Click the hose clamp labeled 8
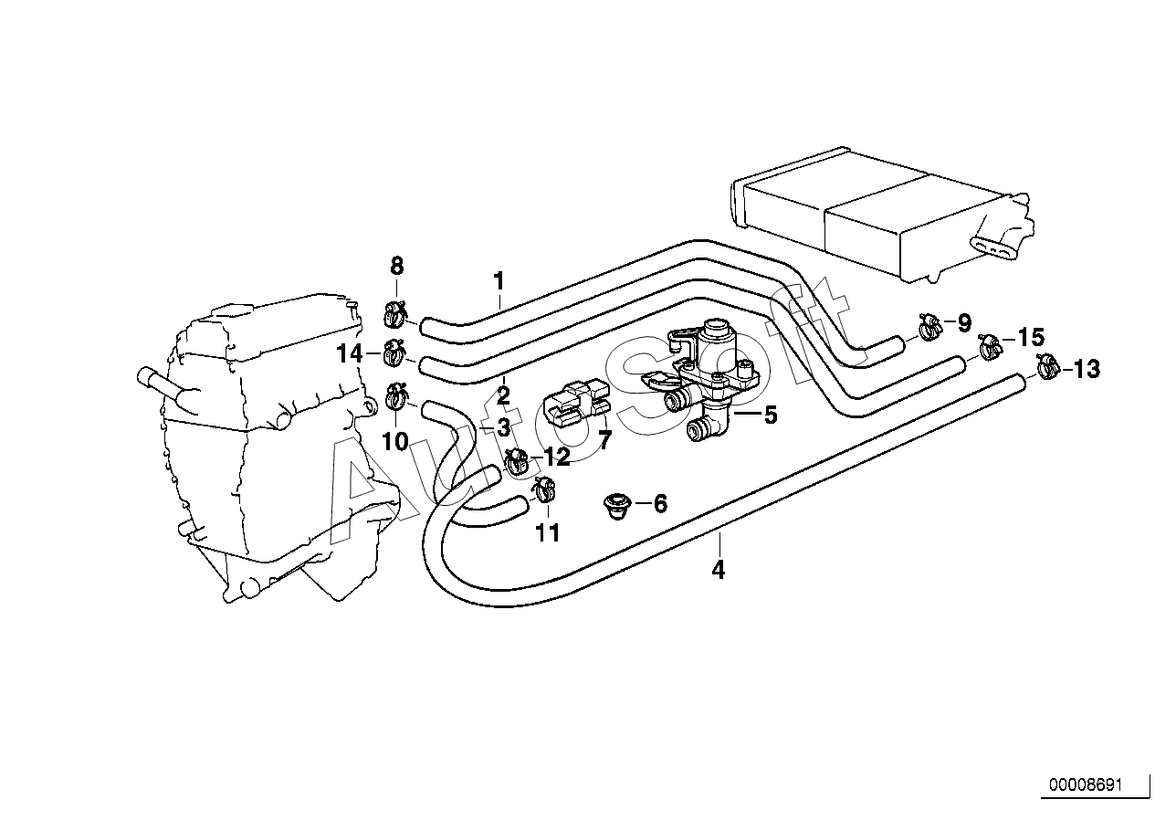click(395, 315)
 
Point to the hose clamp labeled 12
click(516, 461)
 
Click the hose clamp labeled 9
click(929, 325)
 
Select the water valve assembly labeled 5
click(708, 384)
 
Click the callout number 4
click(719, 571)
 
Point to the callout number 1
click(499, 280)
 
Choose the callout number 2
click(503, 394)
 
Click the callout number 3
click(502, 427)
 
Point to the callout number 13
click(1087, 370)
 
